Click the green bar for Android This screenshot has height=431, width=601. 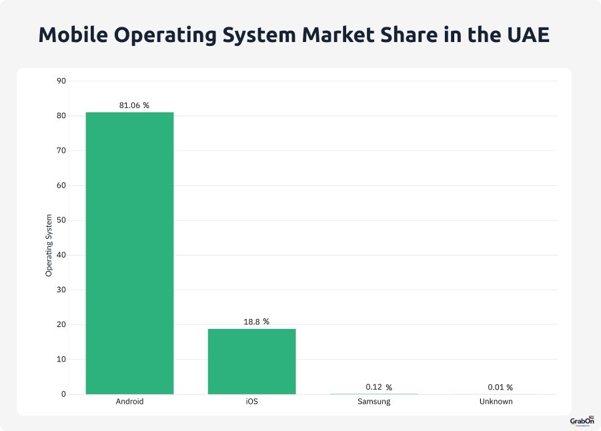(129, 253)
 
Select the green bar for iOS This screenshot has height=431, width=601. (251, 361)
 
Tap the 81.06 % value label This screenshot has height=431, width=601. (129, 105)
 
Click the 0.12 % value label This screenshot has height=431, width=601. (378, 387)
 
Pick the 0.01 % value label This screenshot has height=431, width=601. (500, 387)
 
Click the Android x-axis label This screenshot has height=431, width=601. (129, 402)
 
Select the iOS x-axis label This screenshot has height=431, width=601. (251, 402)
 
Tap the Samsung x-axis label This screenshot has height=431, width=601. (374, 402)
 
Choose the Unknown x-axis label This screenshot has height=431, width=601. (496, 402)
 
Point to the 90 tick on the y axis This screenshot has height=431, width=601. (61, 81)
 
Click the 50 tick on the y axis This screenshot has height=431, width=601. (61, 220)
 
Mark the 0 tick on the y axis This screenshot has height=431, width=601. (63, 394)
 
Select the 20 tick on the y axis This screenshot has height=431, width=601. (61, 325)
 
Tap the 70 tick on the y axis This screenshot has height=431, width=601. (61, 151)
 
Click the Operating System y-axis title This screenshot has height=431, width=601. (49, 246)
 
